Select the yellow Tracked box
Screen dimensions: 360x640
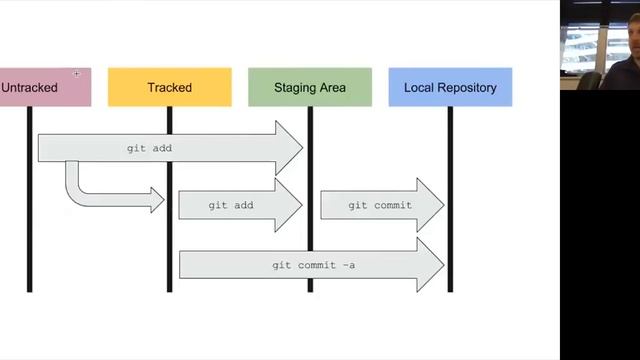pyautogui.click(x=169, y=87)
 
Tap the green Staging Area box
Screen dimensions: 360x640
pyautogui.click(x=310, y=87)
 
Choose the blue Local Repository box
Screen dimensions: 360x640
pyautogui.click(x=450, y=87)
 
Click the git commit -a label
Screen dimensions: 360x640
pyautogui.click(x=312, y=266)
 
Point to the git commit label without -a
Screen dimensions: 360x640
pyautogui.click(x=372, y=205)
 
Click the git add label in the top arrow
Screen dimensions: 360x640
pyautogui.click(x=150, y=148)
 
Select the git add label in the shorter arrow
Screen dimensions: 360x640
pyautogui.click(x=232, y=205)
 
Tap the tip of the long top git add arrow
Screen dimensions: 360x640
pyautogui.click(x=301, y=148)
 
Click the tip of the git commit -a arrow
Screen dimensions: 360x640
pyautogui.click(x=443, y=265)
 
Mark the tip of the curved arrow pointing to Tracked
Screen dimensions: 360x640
pyautogui.click(x=163, y=200)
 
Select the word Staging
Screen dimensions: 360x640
pyautogui.click(x=294, y=88)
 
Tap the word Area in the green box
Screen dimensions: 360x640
pyautogui.click(x=332, y=88)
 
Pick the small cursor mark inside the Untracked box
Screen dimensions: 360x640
pyautogui.click(x=76, y=73)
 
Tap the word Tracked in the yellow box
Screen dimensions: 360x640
pyautogui.click(x=169, y=88)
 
